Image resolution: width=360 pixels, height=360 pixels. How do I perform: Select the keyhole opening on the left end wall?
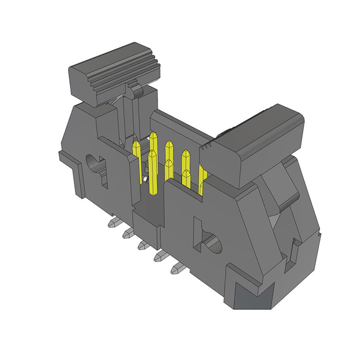[94, 167]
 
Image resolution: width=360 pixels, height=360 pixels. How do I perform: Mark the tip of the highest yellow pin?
[152, 136]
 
